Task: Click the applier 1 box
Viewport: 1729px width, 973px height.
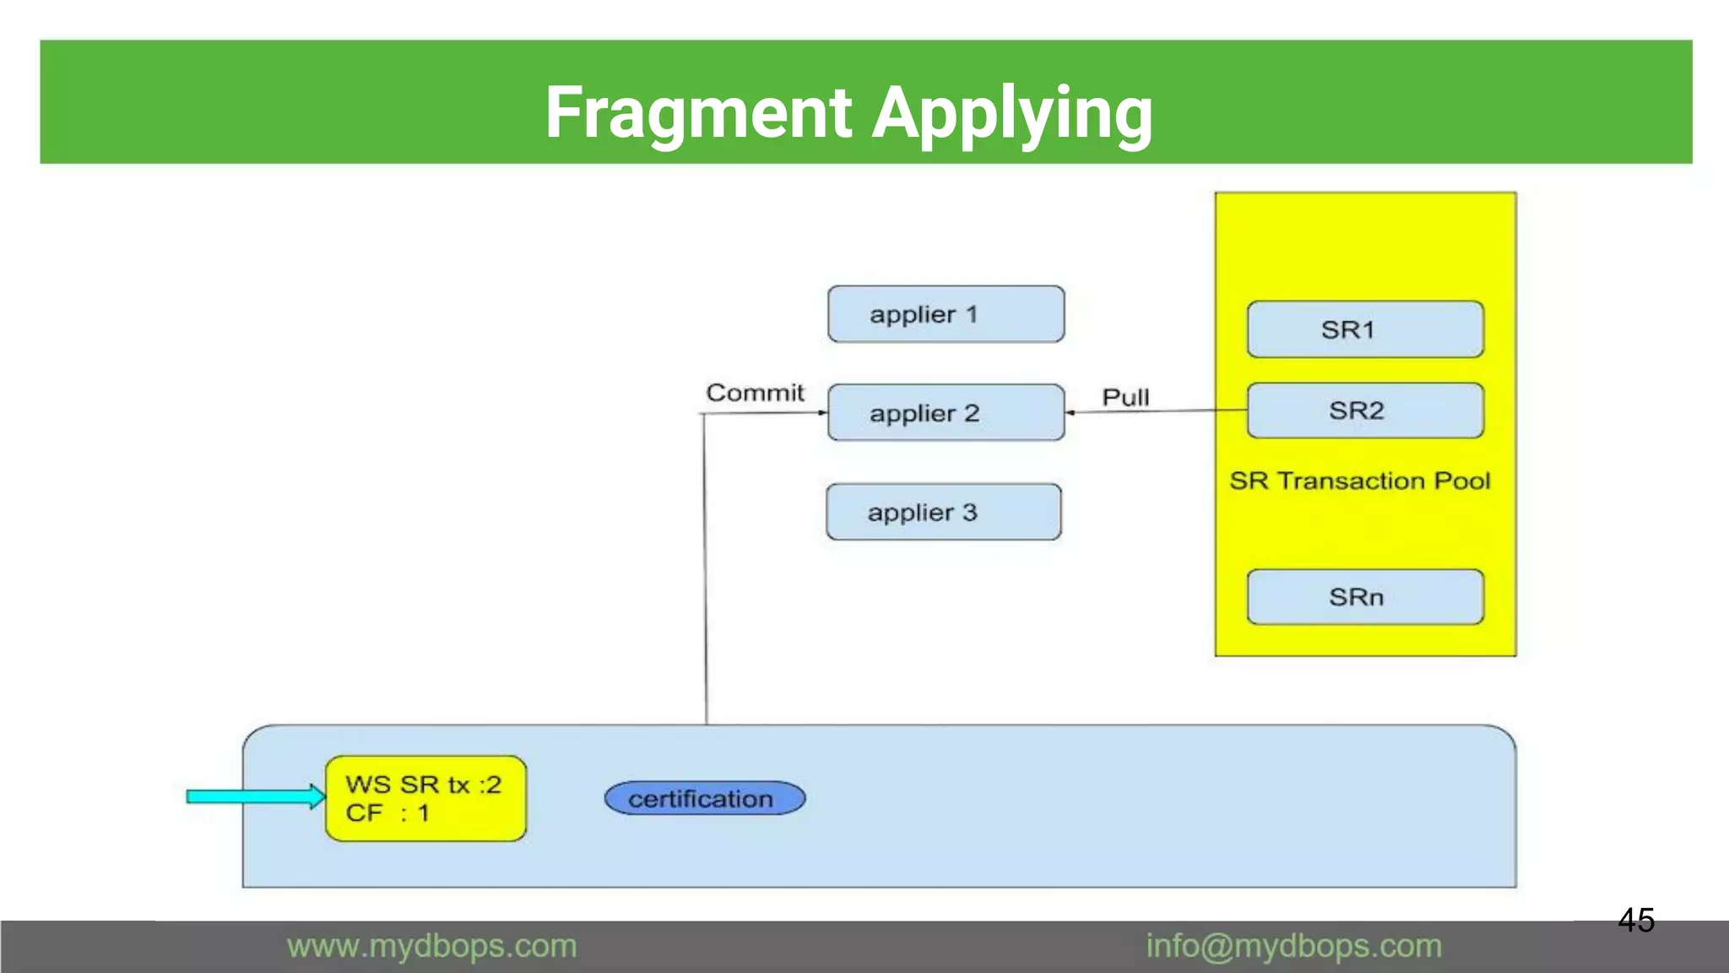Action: [946, 314]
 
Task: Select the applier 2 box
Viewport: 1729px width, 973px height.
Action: [946, 412]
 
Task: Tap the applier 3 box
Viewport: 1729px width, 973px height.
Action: [943, 512]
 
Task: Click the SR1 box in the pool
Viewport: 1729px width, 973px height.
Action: [1365, 329]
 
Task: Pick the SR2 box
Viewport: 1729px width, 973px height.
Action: [1365, 410]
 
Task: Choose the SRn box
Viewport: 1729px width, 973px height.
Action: [1365, 597]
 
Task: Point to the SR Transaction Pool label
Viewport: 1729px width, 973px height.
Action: [1359, 481]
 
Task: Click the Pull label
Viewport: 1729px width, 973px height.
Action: [1125, 397]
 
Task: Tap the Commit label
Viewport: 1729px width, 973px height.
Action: [755, 393]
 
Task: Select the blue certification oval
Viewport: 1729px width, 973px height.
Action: [704, 798]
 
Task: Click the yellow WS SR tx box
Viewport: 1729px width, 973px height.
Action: [425, 798]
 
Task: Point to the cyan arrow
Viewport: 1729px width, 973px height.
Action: [253, 796]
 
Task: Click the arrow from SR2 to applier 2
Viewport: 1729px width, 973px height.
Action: [1157, 411]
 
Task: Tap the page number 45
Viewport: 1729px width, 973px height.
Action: [1635, 920]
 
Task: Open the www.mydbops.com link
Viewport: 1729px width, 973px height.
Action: [431, 946]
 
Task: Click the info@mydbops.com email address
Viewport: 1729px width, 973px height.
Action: [1293, 946]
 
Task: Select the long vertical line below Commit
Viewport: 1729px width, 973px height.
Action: [705, 574]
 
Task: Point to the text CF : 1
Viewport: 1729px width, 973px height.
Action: [388, 813]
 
